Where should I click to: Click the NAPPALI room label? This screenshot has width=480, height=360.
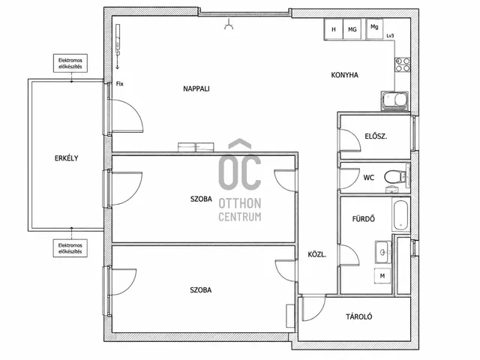pyautogui.click(x=196, y=88)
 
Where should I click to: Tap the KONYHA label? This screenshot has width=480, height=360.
pyautogui.click(x=345, y=75)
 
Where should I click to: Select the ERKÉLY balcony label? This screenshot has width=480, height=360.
pyautogui.click(x=67, y=158)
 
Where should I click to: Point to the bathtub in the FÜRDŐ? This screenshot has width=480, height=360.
pyautogui.click(x=400, y=215)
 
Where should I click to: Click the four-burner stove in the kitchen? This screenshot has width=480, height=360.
pyautogui.click(x=403, y=64)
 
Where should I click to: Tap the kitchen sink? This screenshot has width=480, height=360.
pyautogui.click(x=395, y=100)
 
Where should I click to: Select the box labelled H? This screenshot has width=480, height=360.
pyautogui.click(x=334, y=29)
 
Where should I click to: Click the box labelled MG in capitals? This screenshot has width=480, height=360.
pyautogui.click(x=352, y=29)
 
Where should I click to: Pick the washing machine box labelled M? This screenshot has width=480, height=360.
pyautogui.click(x=382, y=276)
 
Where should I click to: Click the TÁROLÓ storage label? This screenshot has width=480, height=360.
pyautogui.click(x=359, y=316)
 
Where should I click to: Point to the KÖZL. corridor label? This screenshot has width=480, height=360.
pyautogui.click(x=317, y=254)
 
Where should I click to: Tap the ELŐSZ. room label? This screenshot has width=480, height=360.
pyautogui.click(x=376, y=136)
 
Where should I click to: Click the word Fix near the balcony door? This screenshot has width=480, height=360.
pyautogui.click(x=120, y=83)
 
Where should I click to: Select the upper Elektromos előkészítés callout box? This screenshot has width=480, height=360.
pyautogui.click(x=70, y=63)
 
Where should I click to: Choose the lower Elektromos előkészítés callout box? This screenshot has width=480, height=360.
pyautogui.click(x=70, y=248)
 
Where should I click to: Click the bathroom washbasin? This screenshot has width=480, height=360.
pyautogui.click(x=383, y=252)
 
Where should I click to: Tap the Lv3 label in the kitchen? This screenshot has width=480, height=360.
pyautogui.click(x=390, y=36)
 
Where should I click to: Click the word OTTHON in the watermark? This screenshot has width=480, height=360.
pyautogui.click(x=240, y=203)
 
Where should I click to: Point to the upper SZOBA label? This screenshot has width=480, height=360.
pyautogui.click(x=201, y=199)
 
